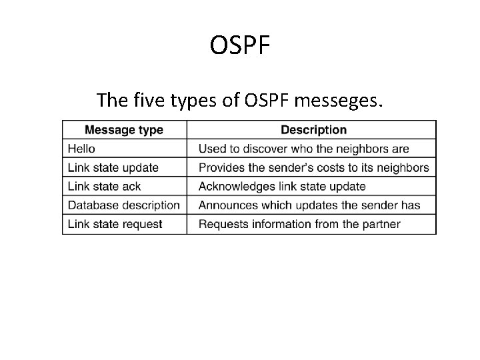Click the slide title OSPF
(x=240, y=46)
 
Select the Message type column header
(x=124, y=130)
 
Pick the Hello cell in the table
(x=82, y=149)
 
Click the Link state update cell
(x=113, y=167)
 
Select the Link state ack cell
(x=105, y=187)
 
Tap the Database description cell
(x=124, y=205)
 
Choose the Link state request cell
(x=115, y=224)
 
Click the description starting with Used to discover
(x=304, y=149)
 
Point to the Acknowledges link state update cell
(x=282, y=187)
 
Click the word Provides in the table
(x=220, y=167)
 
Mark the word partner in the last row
(x=381, y=224)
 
